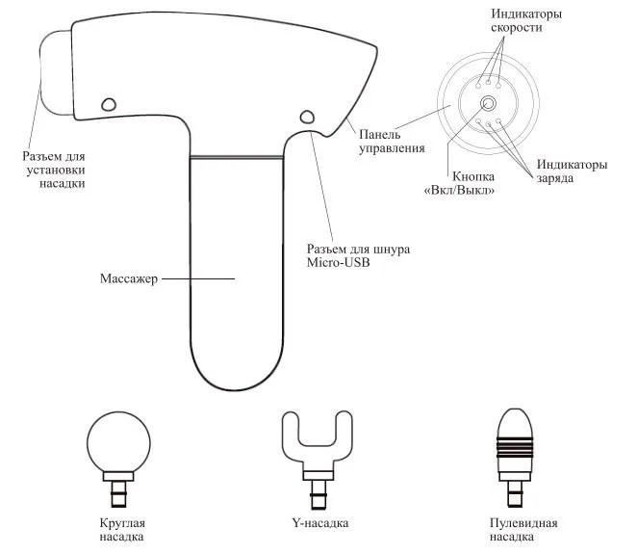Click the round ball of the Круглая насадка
(x=118, y=442)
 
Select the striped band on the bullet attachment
(x=515, y=447)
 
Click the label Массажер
(x=129, y=278)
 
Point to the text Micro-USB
(x=339, y=262)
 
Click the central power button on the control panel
(x=488, y=103)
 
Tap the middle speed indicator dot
(x=489, y=85)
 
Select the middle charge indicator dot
(x=489, y=124)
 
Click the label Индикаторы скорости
(x=526, y=20)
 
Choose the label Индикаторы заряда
(x=572, y=171)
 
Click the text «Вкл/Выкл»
(x=459, y=191)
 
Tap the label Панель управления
(x=392, y=141)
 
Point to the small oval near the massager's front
(x=108, y=104)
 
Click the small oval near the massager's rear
(x=307, y=117)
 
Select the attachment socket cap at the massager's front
(x=55, y=72)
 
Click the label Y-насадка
(x=320, y=522)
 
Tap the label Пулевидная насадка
(x=523, y=529)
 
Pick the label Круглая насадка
(x=122, y=529)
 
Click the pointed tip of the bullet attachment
(x=515, y=409)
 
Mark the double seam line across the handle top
(x=237, y=157)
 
